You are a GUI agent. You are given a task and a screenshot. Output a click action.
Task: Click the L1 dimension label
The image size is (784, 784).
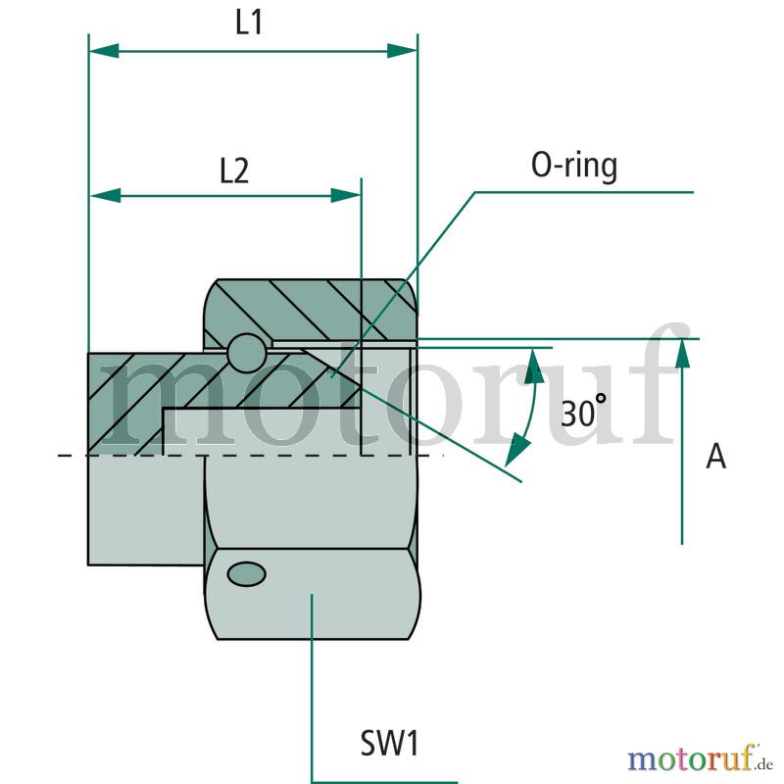[x=249, y=24]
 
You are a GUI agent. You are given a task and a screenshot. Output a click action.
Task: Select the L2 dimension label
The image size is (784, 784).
[x=233, y=171]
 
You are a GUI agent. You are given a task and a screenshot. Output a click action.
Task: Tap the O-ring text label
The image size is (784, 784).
[x=574, y=167]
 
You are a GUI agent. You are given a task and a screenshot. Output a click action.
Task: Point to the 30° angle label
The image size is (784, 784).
[x=585, y=412]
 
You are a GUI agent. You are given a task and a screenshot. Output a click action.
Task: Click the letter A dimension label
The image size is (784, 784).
[x=716, y=457]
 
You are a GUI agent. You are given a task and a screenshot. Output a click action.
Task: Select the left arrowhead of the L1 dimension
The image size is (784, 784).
[x=104, y=50]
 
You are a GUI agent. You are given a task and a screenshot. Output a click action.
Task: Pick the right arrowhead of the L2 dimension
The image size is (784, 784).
[x=347, y=195]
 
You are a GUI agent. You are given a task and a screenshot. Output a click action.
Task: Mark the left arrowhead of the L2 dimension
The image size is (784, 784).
[x=105, y=195]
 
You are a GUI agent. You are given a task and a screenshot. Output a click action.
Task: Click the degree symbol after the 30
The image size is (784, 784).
[x=601, y=400]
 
